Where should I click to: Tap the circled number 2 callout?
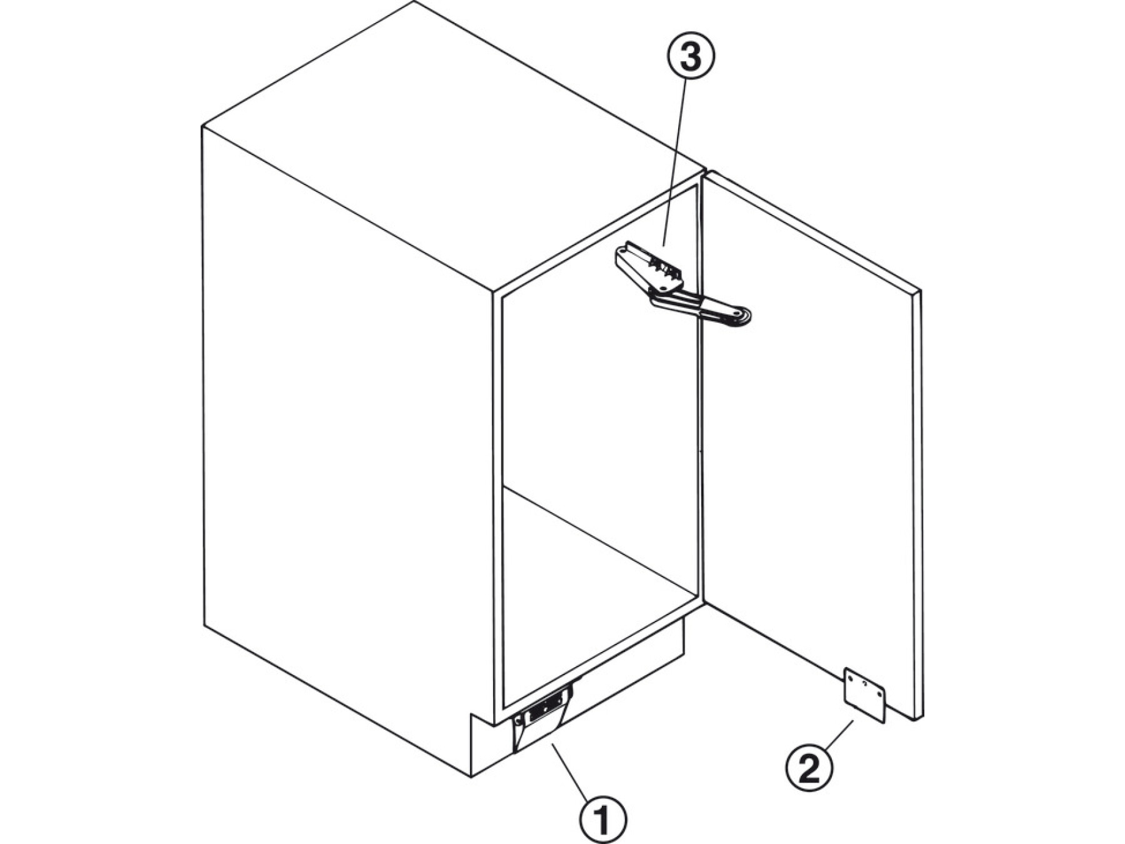coord(809,768)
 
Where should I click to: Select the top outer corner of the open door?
coord(921,291)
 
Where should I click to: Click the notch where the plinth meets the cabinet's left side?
coord(470,713)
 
